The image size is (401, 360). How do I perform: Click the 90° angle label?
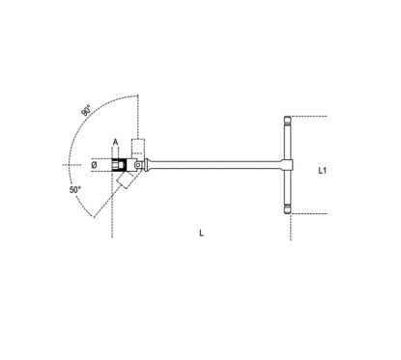[x=86, y=110]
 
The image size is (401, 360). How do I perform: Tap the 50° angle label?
[x=75, y=190]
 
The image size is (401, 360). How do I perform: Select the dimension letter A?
[x=115, y=142]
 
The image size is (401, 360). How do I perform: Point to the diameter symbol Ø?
[x=94, y=165]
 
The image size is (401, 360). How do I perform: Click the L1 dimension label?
[x=322, y=171]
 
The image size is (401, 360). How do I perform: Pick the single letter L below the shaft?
[x=201, y=233]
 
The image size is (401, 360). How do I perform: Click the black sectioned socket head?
[x=118, y=165]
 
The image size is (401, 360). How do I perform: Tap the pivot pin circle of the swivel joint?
[x=138, y=165]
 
